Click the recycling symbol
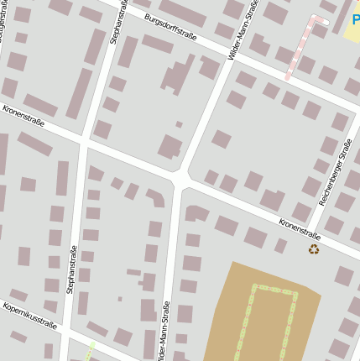click(x=314, y=249)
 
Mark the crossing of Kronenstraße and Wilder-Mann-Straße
click(x=180, y=180)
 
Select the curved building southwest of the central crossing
click(x=156, y=198)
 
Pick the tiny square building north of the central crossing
click(x=179, y=124)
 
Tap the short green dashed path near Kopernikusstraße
click(x=90, y=348)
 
